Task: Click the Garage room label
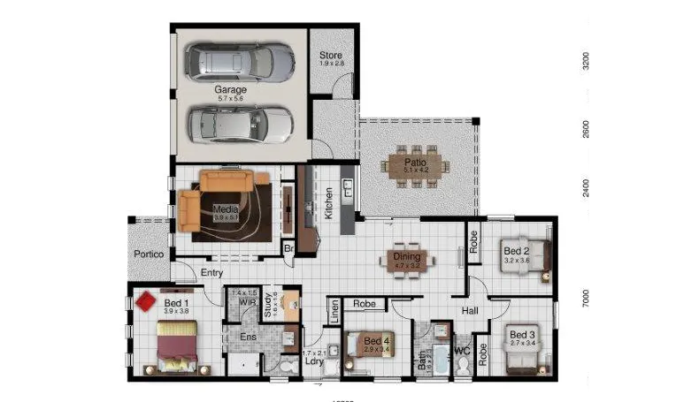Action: click(x=230, y=90)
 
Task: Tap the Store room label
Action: click(x=331, y=57)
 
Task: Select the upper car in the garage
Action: click(x=240, y=61)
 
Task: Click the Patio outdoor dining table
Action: click(x=416, y=167)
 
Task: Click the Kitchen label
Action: click(x=327, y=204)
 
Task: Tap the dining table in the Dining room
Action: click(x=407, y=260)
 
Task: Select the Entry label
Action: click(x=211, y=273)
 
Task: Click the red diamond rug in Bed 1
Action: click(x=146, y=302)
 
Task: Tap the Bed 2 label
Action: click(x=516, y=251)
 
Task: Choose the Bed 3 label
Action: click(x=520, y=335)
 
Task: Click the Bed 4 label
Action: click(x=376, y=341)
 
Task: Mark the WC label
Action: click(x=461, y=351)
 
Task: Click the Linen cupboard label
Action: click(x=335, y=310)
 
